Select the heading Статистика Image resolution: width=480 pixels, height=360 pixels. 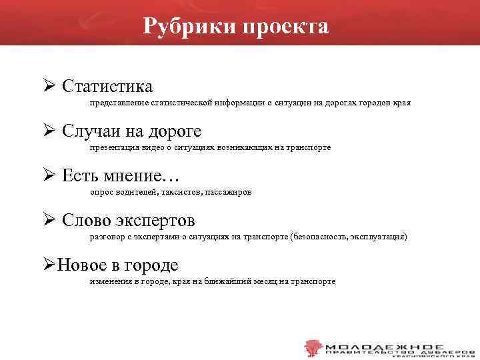tap(107, 87)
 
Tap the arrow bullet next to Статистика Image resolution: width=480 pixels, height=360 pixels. tap(48, 86)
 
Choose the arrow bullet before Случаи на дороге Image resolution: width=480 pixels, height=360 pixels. tap(48, 130)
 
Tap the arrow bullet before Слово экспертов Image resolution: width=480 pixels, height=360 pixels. tap(48, 219)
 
